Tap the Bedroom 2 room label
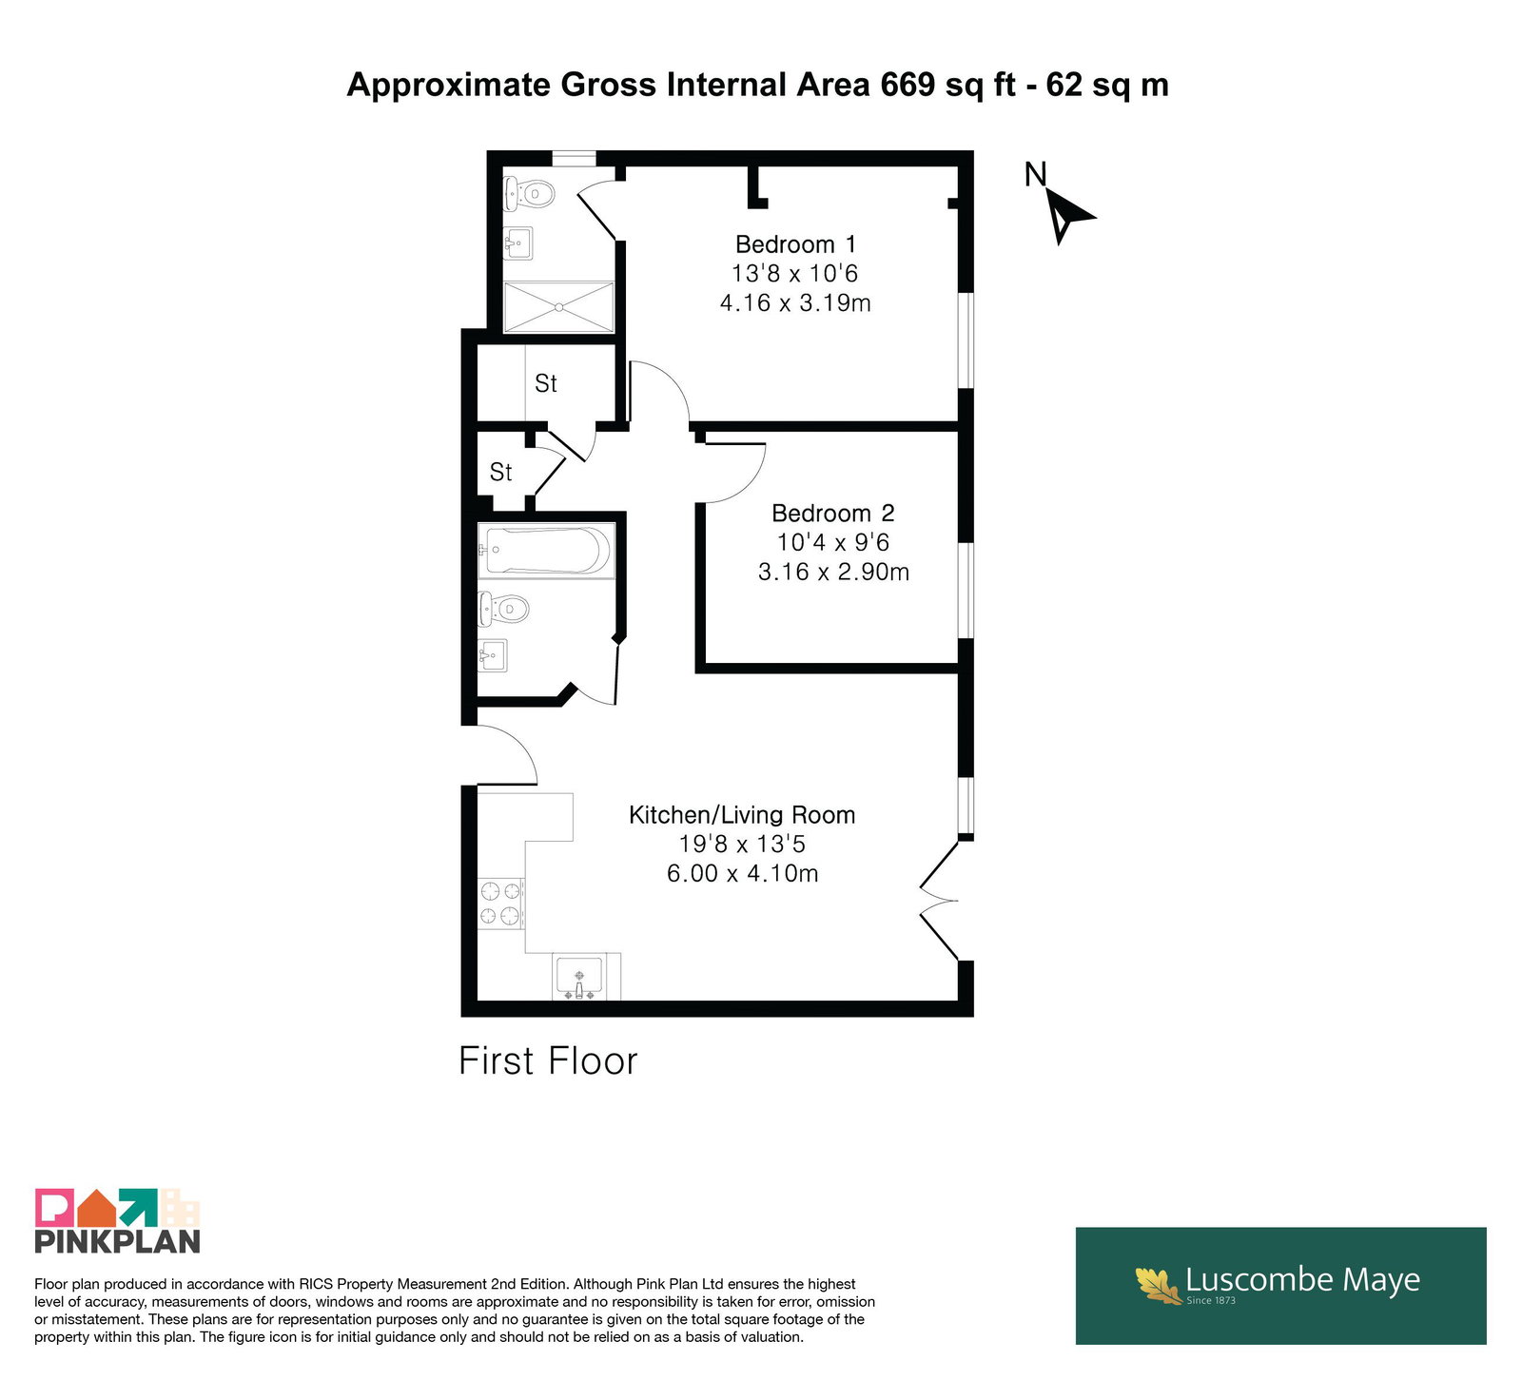tap(833, 514)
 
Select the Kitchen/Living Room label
tap(742, 815)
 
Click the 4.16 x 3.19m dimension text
tap(795, 303)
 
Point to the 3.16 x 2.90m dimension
tap(833, 572)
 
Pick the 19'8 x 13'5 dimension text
tap(742, 844)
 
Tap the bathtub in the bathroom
tap(546, 551)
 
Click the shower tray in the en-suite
tap(559, 307)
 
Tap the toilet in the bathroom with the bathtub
tap(503, 609)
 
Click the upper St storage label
tap(546, 383)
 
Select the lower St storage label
tap(500, 472)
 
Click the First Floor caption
tap(548, 1061)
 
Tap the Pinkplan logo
tap(118, 1221)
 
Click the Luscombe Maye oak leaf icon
tap(1158, 1285)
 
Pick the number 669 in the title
tap(907, 85)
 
